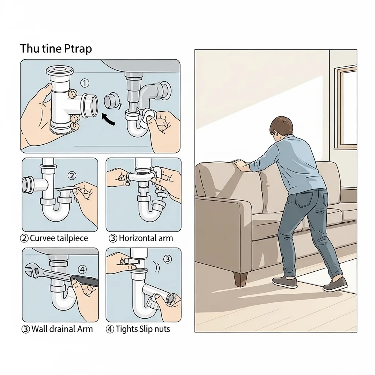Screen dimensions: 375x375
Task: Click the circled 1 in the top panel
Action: tap(85, 83)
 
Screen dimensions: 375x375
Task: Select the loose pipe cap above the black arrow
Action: tap(111, 101)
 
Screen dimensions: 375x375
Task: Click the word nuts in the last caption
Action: tap(162, 329)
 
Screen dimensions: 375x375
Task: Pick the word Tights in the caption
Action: tap(126, 329)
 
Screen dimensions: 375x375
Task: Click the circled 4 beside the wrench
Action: tap(82, 270)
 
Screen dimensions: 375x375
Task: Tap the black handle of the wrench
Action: tap(85, 280)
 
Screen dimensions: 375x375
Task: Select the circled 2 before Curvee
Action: tap(24, 238)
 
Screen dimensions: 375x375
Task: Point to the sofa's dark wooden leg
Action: tap(240, 279)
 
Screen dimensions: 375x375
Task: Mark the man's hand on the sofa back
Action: tap(240, 165)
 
